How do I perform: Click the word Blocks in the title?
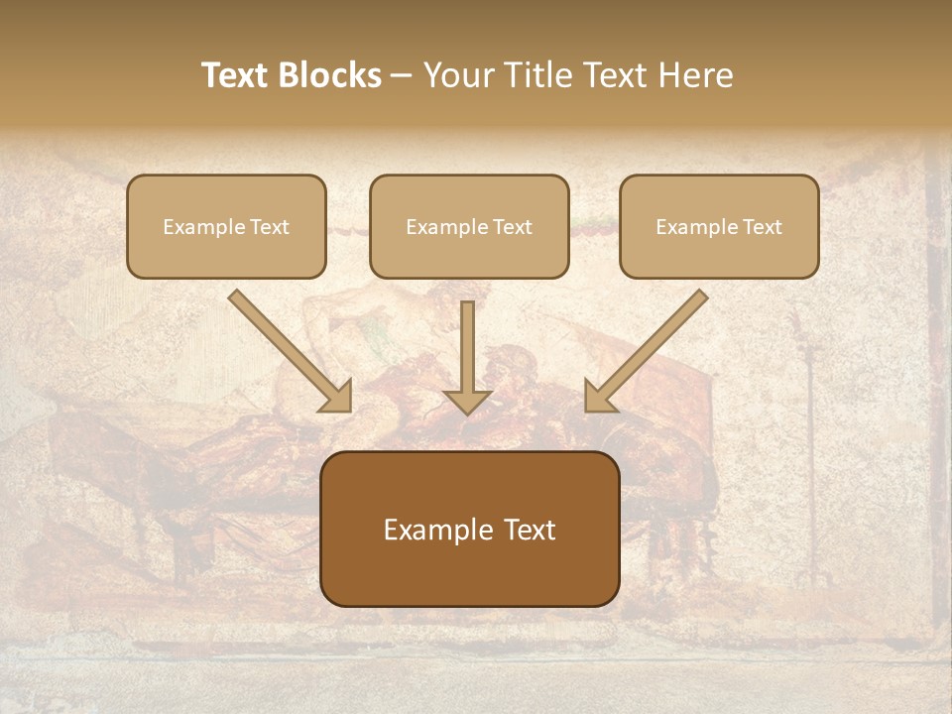(329, 75)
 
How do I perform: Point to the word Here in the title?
(698, 75)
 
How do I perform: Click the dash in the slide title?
(402, 76)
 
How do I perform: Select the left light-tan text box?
(226, 226)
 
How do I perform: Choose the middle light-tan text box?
(469, 226)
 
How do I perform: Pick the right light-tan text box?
(719, 226)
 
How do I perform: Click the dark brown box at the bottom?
(469, 529)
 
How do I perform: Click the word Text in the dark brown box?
(532, 531)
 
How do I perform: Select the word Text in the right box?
(762, 227)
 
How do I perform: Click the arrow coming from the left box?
(288, 349)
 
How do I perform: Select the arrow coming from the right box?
(649, 349)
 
